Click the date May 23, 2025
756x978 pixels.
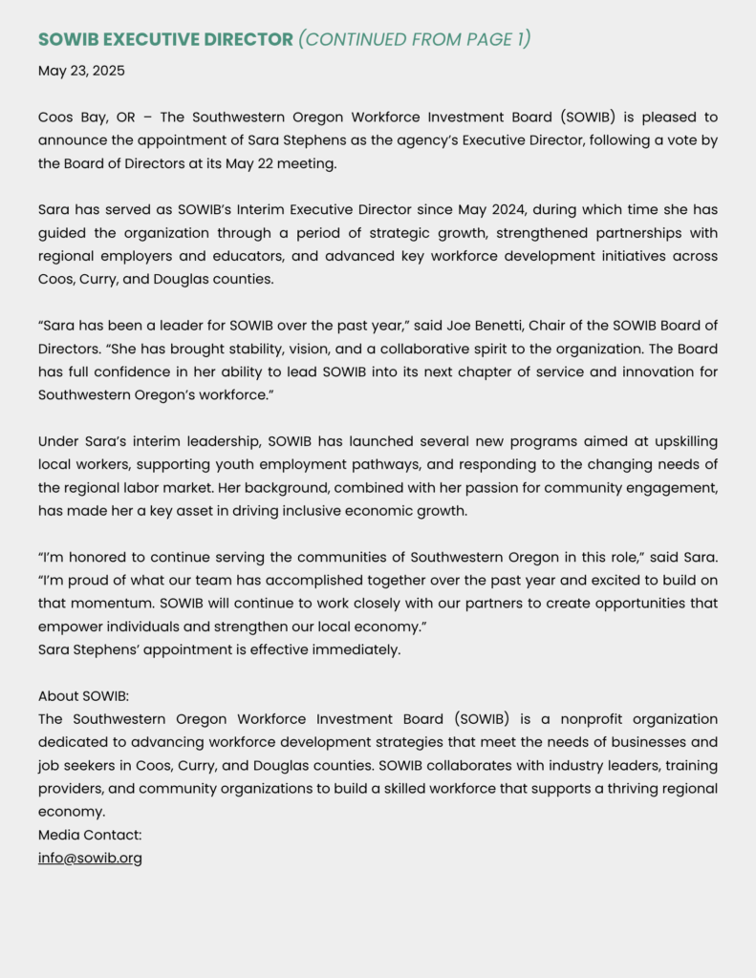(81, 71)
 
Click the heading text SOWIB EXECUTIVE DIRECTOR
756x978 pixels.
(165, 39)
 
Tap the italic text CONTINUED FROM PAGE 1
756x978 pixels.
(414, 39)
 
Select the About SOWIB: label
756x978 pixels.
(90, 695)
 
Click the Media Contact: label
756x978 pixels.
(90, 835)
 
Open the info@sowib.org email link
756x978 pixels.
(90, 858)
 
